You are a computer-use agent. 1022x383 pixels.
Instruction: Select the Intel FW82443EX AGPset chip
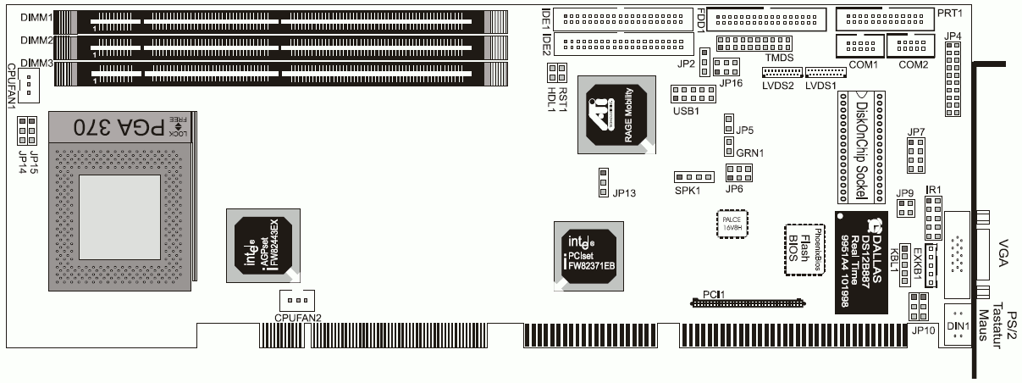(x=262, y=245)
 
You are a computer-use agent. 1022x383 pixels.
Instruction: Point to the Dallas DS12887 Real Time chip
(x=864, y=261)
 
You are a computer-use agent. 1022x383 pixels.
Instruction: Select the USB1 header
(x=688, y=93)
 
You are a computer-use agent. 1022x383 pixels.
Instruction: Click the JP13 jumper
(x=603, y=181)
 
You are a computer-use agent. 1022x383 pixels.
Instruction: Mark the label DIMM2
(x=37, y=41)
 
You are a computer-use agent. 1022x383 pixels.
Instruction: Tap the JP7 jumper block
(x=915, y=155)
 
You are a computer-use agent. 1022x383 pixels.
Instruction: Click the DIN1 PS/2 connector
(x=958, y=325)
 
